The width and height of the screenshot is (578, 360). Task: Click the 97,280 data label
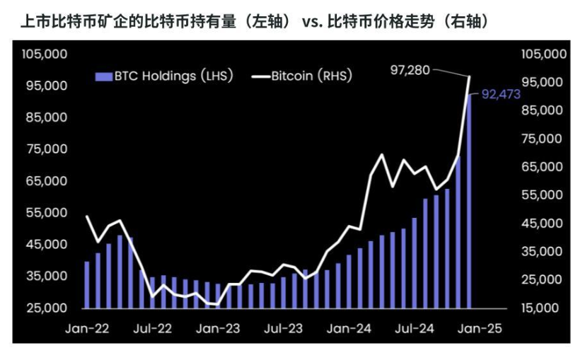[x=410, y=70]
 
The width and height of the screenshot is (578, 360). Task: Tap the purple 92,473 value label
[x=501, y=94]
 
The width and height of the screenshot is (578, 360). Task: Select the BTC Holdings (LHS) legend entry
[x=164, y=76]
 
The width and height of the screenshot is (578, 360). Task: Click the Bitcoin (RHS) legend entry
[x=302, y=76]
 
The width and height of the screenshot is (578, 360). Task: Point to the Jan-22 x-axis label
[x=87, y=328]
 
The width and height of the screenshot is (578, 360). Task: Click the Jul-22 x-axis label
[x=153, y=328]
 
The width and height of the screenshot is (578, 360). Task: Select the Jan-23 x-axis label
[x=218, y=328]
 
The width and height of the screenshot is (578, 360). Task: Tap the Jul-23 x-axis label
[x=283, y=328]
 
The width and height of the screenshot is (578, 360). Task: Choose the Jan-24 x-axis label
[x=349, y=328]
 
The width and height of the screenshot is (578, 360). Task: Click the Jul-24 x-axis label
[x=415, y=328]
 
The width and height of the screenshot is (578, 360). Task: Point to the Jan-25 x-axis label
[x=480, y=328]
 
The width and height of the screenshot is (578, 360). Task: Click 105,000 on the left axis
[x=45, y=54]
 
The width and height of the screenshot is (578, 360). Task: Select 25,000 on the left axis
[x=47, y=308]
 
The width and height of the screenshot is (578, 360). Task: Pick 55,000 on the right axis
[x=542, y=194]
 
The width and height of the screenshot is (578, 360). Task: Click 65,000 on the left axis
[x=47, y=181]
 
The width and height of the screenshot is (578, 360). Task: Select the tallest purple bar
[x=469, y=201]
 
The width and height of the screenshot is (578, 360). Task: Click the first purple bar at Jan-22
[x=87, y=285]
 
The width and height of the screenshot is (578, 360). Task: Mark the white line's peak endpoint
[x=469, y=76]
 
